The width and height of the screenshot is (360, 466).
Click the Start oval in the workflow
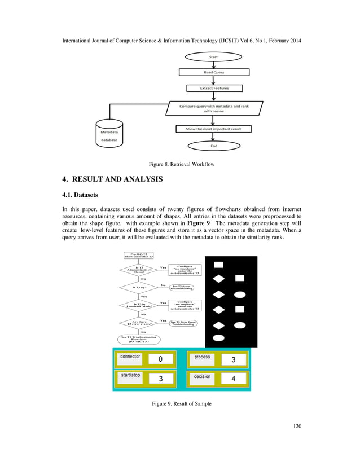point(214,57)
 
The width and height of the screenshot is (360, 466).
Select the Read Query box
point(214,72)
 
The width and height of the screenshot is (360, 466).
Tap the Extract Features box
point(214,88)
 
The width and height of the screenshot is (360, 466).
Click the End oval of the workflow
point(214,145)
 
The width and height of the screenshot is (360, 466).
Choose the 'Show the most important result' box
point(213,129)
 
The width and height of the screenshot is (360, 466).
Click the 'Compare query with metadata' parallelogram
point(213,108)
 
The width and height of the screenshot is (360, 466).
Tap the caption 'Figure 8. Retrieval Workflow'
point(180,164)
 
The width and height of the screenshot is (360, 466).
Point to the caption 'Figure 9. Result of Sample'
point(180,404)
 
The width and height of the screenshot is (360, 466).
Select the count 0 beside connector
point(161,359)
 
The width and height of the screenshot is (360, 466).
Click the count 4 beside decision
point(234,379)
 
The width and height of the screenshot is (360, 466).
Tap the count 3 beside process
point(234,359)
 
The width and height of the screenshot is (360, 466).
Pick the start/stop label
point(130,375)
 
